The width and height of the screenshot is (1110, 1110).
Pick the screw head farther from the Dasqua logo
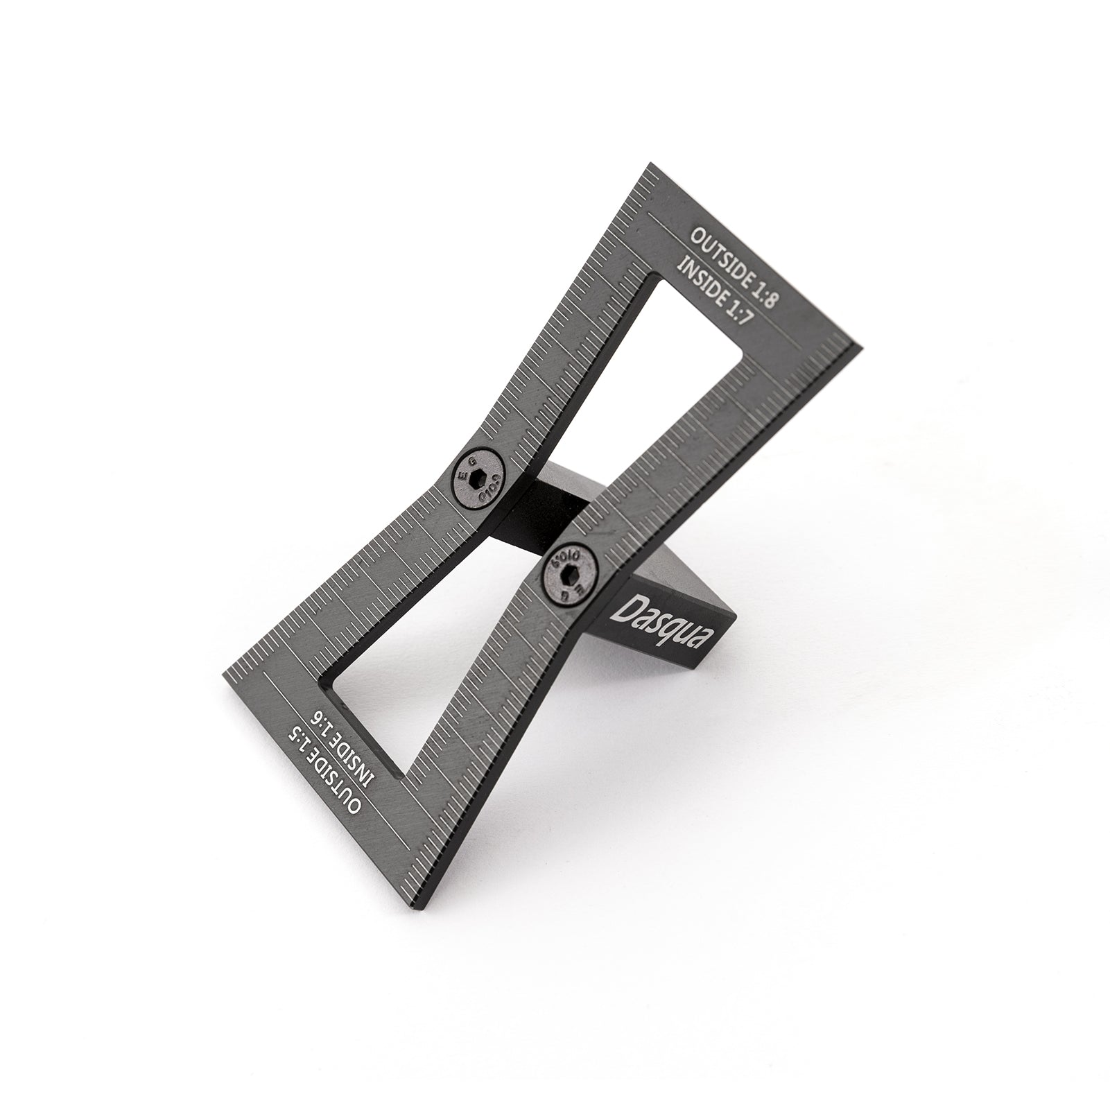(478, 478)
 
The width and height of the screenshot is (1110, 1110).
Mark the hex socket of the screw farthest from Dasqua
(478, 478)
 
